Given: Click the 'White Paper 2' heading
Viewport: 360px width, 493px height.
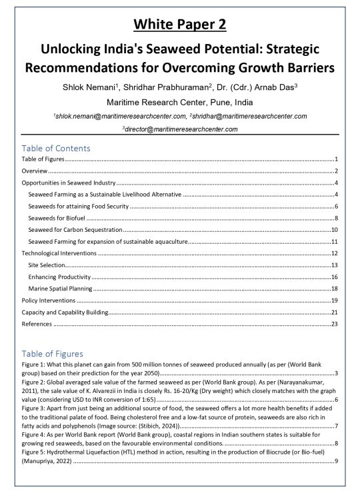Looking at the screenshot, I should tap(180, 25).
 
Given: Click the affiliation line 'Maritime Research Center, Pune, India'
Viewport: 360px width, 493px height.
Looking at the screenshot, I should tap(180, 103).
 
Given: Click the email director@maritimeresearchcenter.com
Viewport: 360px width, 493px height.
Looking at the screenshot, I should tap(180, 129).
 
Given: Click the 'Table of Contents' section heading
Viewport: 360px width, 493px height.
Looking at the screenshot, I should tap(56, 148).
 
